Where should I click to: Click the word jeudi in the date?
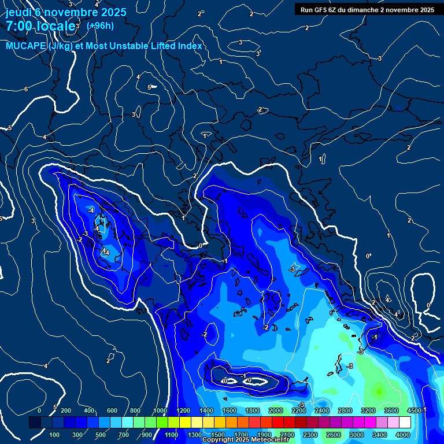tap(17, 12)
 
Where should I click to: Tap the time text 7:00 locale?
tap(40, 26)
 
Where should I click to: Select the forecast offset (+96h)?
tap(100, 25)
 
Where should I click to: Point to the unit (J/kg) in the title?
tap(62, 46)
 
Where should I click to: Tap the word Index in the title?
tap(190, 46)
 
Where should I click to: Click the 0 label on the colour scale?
tap(39, 410)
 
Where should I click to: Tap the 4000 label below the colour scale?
tap(403, 435)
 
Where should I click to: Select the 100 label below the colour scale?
tap(54, 435)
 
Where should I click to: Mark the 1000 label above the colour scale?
tap(160, 410)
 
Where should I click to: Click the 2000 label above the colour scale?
tap(276, 410)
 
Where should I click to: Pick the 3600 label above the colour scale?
tap(391, 410)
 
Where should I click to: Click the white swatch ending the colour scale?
tap(405, 423)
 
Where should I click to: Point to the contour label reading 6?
tap(26, 89)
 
